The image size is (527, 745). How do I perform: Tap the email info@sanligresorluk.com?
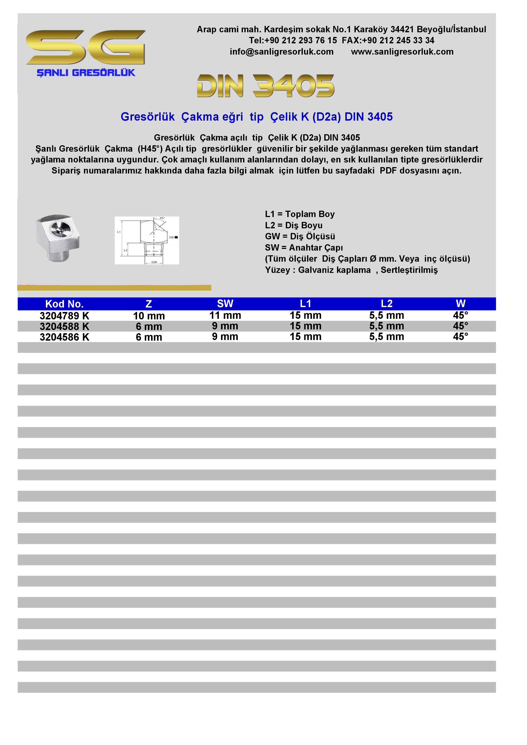pos(282,52)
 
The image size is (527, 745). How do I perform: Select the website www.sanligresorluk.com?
pos(402,52)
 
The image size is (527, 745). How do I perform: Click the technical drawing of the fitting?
pos(147,240)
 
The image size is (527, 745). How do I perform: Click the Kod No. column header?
pos(64,304)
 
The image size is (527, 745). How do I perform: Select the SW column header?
pos(225,304)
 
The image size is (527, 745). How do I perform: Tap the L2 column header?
pos(386,304)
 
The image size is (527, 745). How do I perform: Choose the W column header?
pos(460,304)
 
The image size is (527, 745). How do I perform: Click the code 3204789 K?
pos(64,316)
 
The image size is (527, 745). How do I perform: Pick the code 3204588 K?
pos(64,326)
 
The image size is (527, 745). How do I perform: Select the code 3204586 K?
pos(64,337)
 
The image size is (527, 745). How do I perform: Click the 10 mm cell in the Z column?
pos(149,316)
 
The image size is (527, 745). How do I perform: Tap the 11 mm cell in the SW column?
pos(225,315)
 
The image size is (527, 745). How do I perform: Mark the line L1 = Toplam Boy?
pos(299,214)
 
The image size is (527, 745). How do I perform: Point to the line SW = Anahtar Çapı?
pos(304,248)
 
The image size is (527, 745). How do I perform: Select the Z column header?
pos(149,304)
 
